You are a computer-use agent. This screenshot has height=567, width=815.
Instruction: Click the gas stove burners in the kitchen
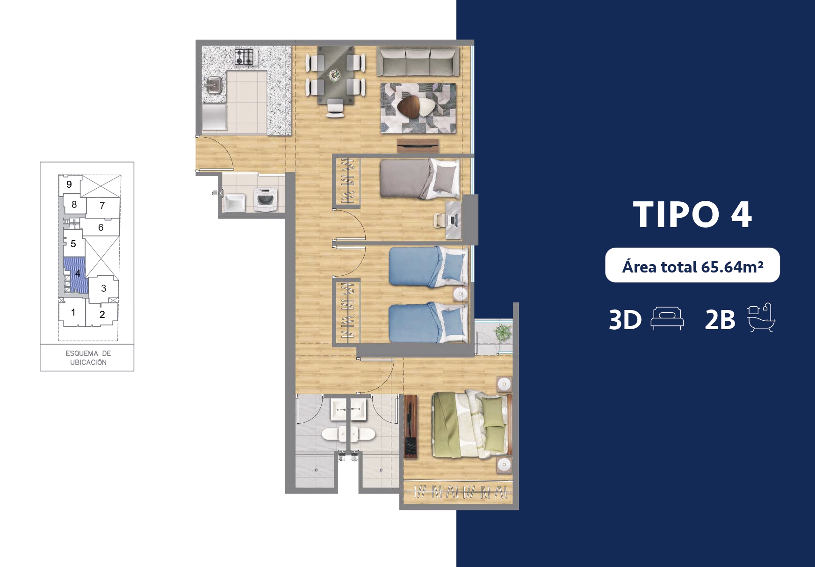point(244,57)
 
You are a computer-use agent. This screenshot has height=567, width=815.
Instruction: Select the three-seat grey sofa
point(418,61)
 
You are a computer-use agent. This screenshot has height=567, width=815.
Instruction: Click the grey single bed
point(419,178)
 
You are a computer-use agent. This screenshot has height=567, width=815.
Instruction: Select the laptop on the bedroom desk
point(453,220)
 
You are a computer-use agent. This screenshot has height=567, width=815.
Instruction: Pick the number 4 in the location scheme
point(78,273)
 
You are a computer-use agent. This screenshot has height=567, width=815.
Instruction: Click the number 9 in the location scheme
point(69,184)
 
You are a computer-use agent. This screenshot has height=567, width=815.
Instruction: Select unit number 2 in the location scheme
point(102,315)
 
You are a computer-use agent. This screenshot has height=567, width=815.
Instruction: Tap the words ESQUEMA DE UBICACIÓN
point(88,358)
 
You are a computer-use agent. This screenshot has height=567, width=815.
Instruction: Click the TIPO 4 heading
point(692,214)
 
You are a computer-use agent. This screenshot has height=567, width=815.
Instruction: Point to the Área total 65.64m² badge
point(692,265)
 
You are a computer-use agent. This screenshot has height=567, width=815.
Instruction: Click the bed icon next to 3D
point(667,319)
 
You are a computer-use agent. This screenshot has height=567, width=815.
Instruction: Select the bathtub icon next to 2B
point(761,317)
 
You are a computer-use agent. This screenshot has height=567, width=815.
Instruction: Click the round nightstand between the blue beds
point(461,294)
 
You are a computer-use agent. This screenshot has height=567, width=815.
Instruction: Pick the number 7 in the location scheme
point(102,206)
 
